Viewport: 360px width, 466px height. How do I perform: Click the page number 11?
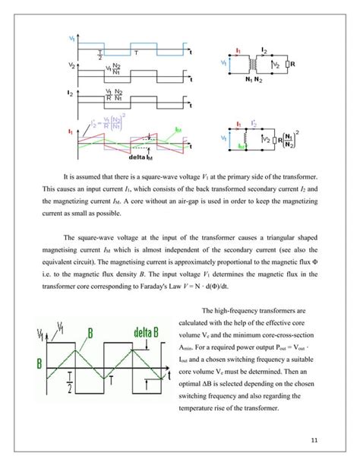point(314,440)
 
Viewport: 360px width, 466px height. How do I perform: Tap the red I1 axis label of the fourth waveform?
point(71,131)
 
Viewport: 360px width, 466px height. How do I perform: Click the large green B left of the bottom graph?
point(39,362)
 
